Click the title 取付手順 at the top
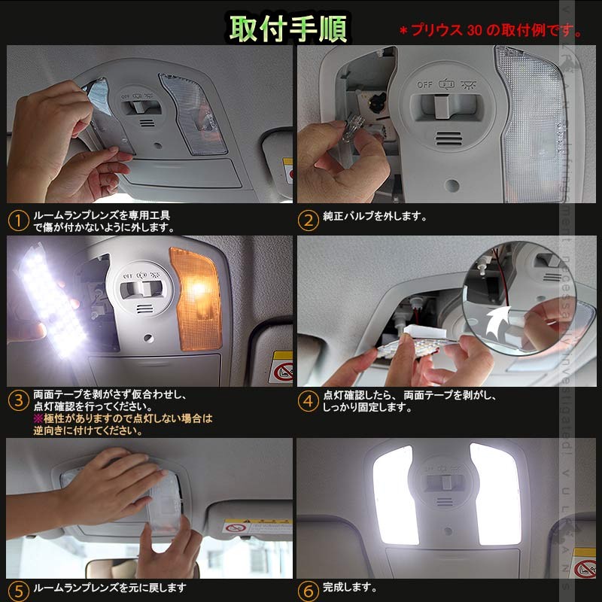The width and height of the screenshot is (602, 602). click(x=288, y=28)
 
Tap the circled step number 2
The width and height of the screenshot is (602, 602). click(x=308, y=220)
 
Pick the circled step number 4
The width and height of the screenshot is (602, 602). click(x=308, y=400)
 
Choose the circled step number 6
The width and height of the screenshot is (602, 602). click(x=308, y=591)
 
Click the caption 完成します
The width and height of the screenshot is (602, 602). click(x=350, y=587)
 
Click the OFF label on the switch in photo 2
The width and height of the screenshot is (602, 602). click(x=424, y=85)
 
